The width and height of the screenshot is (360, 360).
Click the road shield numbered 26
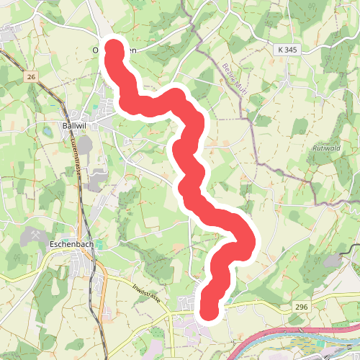pos(30,76)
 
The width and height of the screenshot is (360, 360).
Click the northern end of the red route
pos(114,48)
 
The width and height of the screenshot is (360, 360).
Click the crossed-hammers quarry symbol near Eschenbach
pos(35,234)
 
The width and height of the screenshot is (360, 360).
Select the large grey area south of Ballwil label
pos(86,144)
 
